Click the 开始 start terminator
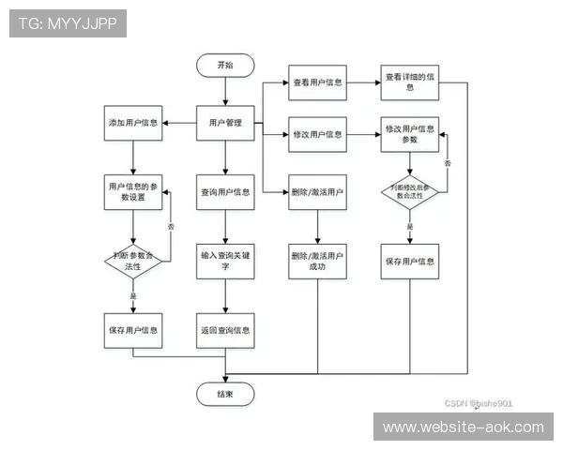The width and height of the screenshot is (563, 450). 225,66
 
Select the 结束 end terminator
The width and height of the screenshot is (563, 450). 225,395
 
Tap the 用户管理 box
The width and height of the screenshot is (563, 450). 225,124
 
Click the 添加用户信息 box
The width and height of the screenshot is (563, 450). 132,124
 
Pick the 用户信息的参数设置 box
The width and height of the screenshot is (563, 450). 132,191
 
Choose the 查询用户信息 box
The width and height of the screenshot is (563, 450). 225,192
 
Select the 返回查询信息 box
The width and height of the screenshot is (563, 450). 225,330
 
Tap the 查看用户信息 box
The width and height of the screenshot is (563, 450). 316,82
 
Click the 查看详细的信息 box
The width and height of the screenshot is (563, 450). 410,82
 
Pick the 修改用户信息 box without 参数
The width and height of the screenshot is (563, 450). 316,134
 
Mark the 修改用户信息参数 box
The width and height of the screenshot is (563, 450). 410,134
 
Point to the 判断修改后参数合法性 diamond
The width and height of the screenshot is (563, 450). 410,193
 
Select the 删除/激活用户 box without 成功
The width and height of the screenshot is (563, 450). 316,192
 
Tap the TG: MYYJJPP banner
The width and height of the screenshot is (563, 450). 68,23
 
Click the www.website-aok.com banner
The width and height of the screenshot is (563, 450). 464,427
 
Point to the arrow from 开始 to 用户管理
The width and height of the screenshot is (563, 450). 225,92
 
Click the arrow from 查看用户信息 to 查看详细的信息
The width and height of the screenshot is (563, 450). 363,82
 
